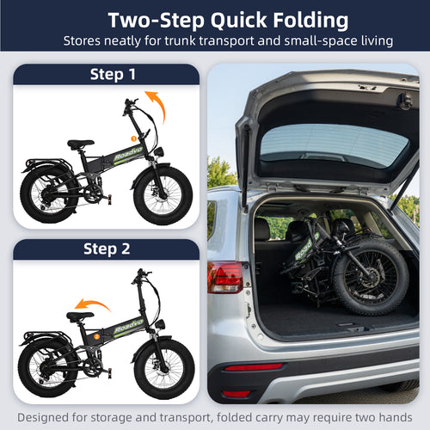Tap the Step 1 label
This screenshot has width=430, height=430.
pyautogui.click(x=112, y=74)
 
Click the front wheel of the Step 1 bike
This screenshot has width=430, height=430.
pyautogui.click(x=163, y=195)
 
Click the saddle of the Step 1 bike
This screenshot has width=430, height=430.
pyautogui.click(x=80, y=144)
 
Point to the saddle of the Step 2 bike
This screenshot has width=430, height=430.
pyautogui.click(x=80, y=316)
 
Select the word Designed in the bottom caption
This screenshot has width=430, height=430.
pyautogui.click(x=43, y=417)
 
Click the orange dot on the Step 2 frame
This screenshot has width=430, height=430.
pyautogui.click(x=97, y=334)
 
